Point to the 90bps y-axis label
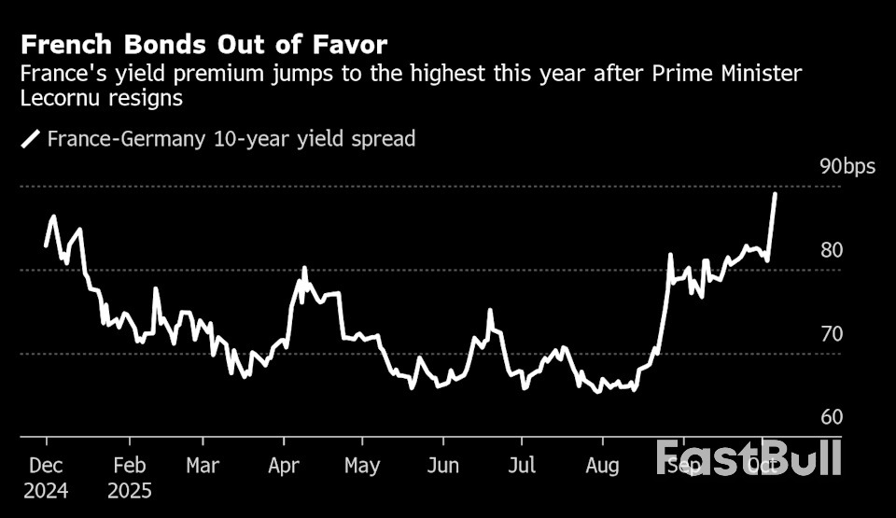click(x=847, y=167)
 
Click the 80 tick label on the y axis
click(x=832, y=250)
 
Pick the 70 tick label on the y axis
click(x=832, y=334)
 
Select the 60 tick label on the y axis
click(x=832, y=417)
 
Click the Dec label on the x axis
click(x=47, y=465)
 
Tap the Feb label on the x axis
click(x=128, y=465)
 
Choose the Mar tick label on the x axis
click(x=203, y=465)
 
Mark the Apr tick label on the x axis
click(x=284, y=465)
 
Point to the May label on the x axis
click(x=362, y=465)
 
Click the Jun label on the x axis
click(x=443, y=465)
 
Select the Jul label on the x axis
click(x=522, y=465)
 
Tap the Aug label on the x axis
click(x=602, y=465)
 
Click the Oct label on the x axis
click(x=763, y=465)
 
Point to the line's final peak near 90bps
click(x=775, y=194)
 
